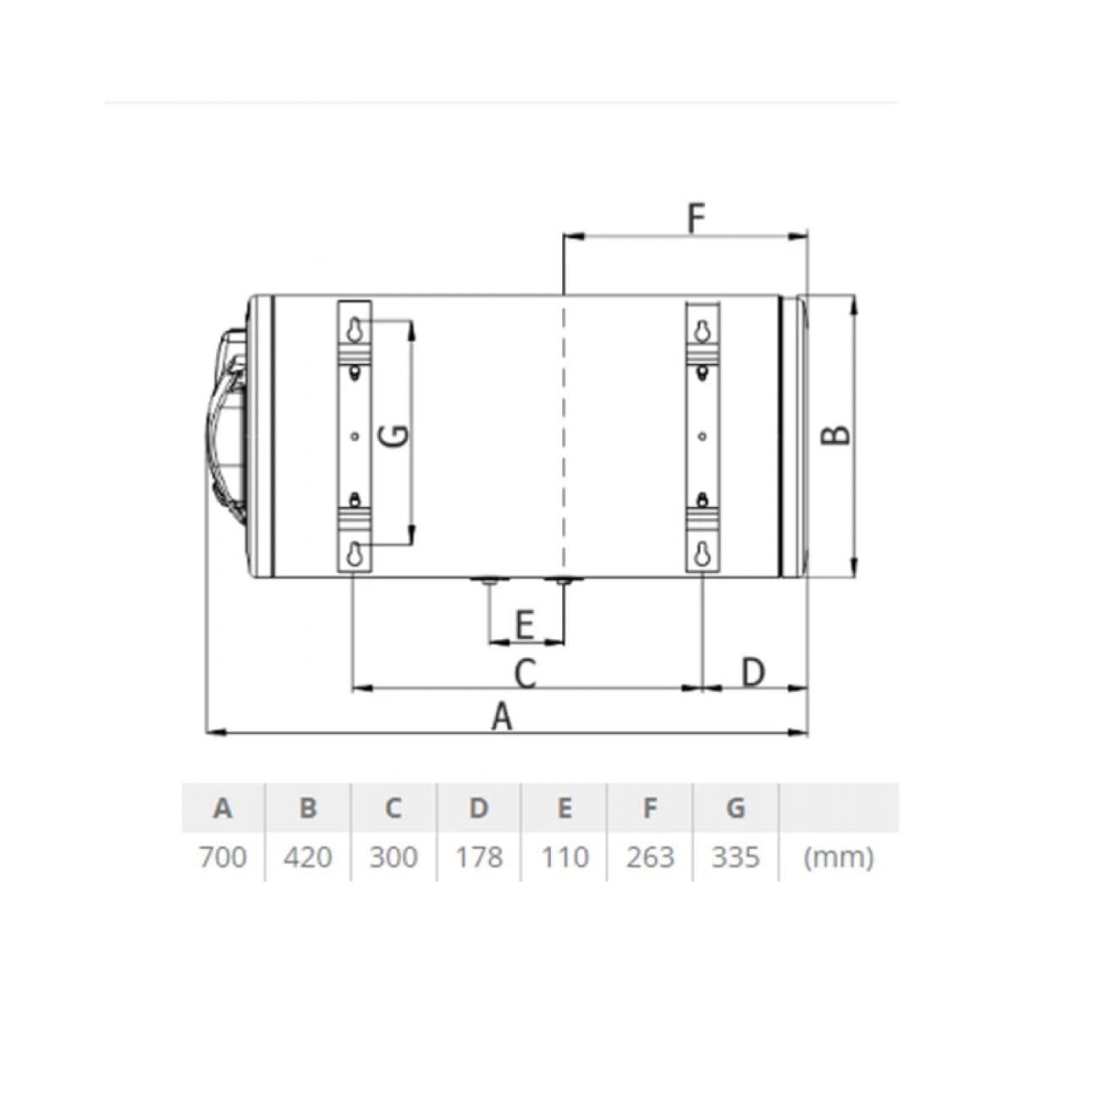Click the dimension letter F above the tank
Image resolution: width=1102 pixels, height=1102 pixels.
click(x=696, y=219)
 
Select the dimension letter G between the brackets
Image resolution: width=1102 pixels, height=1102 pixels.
click(x=395, y=435)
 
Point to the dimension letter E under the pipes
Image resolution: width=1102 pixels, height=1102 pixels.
click(x=525, y=625)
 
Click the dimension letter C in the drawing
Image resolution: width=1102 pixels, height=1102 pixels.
click(x=525, y=673)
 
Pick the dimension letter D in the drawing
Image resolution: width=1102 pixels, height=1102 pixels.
click(x=753, y=672)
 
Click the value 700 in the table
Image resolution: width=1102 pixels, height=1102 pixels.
click(x=222, y=857)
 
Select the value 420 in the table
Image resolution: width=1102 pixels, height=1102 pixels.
click(x=308, y=857)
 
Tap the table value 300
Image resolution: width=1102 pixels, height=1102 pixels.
click(x=392, y=857)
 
